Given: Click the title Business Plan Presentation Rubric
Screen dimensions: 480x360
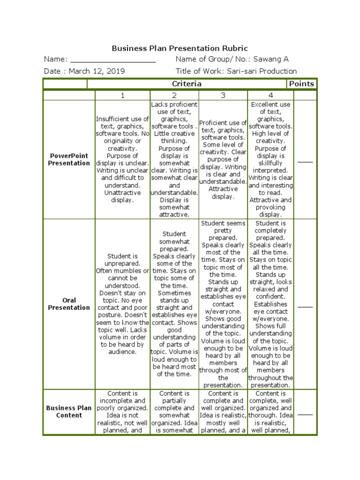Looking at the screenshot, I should point(180,48).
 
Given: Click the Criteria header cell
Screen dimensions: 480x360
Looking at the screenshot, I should point(187,84).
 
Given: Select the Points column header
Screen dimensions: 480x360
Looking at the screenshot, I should point(302,84).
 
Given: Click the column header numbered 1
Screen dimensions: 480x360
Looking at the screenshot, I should point(122,96).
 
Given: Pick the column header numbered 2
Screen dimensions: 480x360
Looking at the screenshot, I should point(174,96).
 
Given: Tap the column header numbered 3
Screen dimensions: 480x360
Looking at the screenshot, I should point(223,96).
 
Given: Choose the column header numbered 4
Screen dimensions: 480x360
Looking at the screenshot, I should point(270,96).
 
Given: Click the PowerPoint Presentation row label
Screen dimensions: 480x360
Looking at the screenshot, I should point(69,159).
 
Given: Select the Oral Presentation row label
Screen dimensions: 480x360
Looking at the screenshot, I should point(69,304).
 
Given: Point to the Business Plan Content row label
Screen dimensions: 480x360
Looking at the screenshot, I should point(69,412).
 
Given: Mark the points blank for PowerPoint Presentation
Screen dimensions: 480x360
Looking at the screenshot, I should point(305,162).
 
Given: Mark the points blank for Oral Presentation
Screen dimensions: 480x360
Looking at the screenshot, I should point(305,307).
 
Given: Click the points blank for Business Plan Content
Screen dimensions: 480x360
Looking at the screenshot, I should point(305,414).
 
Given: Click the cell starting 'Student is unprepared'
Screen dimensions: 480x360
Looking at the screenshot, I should point(122,304).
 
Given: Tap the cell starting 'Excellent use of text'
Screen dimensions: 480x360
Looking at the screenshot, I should point(270,159).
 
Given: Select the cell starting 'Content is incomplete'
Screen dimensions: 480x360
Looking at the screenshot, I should point(122,412).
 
